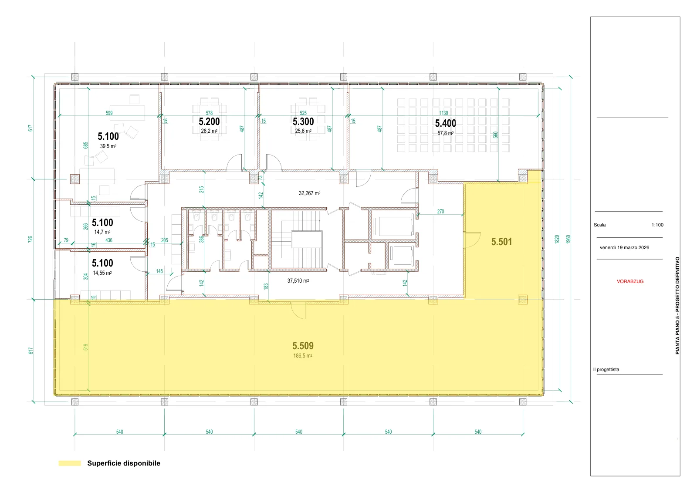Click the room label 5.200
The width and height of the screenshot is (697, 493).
tap(209, 122)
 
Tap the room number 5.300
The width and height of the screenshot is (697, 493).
tap(303, 122)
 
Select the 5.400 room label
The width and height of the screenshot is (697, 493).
tap(446, 123)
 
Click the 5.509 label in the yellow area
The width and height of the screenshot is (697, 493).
tap(303, 345)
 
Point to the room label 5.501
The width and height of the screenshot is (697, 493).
tap(501, 242)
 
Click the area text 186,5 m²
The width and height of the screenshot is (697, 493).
tap(303, 355)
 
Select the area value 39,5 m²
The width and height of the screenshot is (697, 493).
tap(108, 146)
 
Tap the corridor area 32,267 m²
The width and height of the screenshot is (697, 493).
tap(310, 193)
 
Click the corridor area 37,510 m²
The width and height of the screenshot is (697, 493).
tap(298, 280)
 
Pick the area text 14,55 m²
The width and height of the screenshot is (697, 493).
tap(102, 273)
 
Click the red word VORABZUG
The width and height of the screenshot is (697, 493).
tap(630, 281)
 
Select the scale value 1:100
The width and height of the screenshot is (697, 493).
tap(657, 225)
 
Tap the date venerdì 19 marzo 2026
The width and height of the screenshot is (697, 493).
tap(625, 247)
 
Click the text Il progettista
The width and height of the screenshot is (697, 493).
tap(606, 369)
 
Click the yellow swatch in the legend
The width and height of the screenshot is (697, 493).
tap(70, 463)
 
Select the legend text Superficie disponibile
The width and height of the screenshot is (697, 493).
tap(124, 463)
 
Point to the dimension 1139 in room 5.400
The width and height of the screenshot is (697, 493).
tap(444, 113)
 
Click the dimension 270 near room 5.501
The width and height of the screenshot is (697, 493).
tap(440, 212)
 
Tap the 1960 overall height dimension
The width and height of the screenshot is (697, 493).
tap(568, 239)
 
